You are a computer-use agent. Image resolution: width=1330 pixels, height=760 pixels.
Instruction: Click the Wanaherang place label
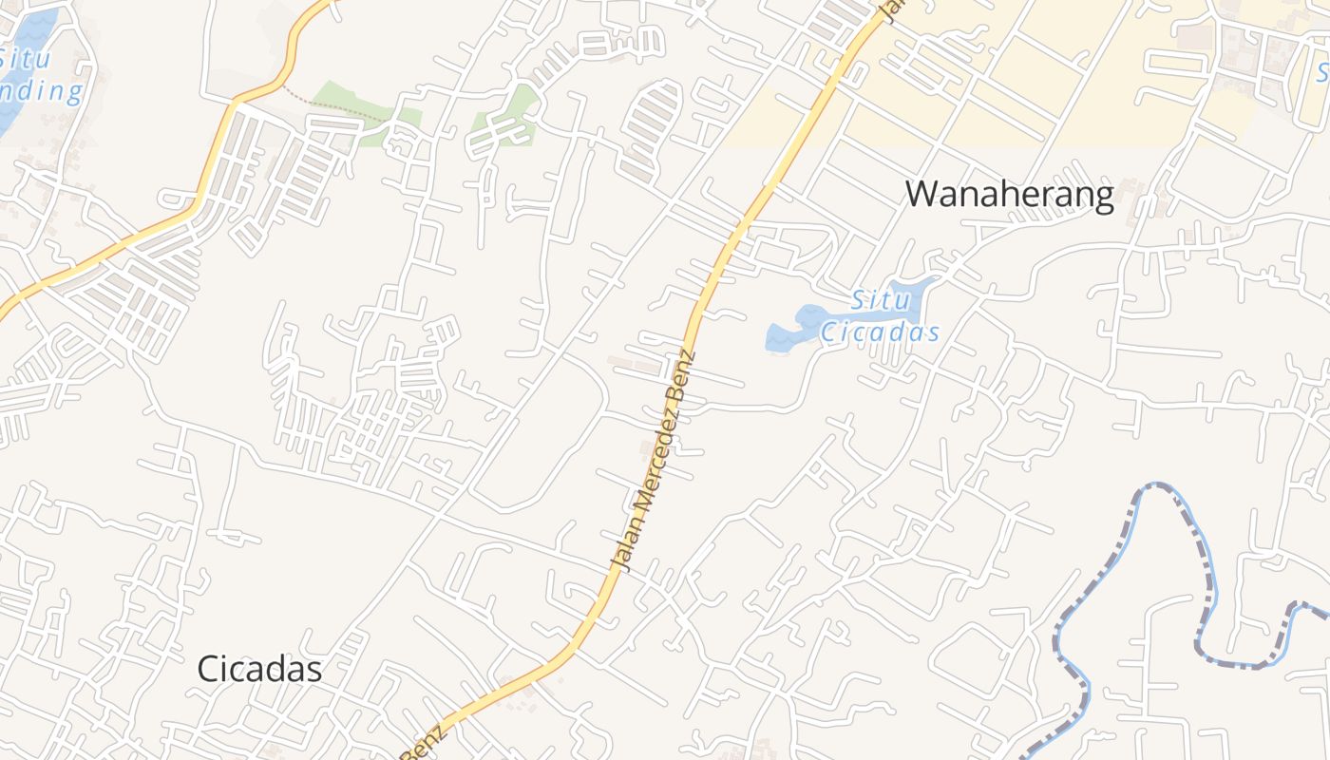(1009, 195)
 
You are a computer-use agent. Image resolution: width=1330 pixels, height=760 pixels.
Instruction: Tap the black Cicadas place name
(259, 669)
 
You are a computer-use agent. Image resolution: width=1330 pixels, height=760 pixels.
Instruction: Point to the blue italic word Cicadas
(880, 332)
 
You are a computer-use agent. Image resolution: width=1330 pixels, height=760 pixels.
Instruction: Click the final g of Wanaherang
(1102, 198)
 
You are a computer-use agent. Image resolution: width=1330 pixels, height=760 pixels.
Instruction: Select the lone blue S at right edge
(1322, 71)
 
